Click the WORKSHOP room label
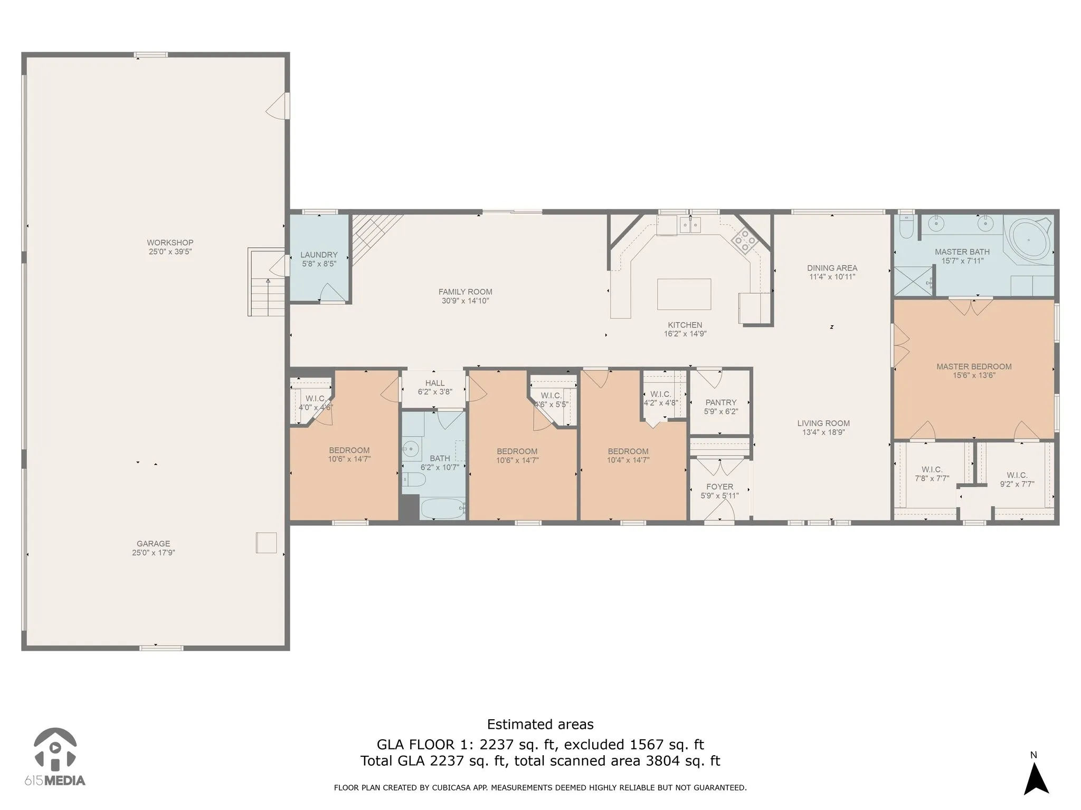(x=170, y=243)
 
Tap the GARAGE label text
(x=154, y=544)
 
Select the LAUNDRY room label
(x=319, y=255)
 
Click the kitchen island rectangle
(x=684, y=294)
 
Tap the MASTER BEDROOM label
(x=974, y=367)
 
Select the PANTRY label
(x=720, y=402)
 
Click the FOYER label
(x=719, y=487)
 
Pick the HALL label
(x=435, y=383)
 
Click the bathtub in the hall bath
(x=442, y=508)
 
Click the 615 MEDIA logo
(x=55, y=757)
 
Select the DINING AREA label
(x=832, y=268)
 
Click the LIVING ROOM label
(x=823, y=423)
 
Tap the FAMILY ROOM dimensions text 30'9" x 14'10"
(x=465, y=301)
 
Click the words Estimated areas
(x=540, y=724)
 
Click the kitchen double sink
(x=690, y=226)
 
